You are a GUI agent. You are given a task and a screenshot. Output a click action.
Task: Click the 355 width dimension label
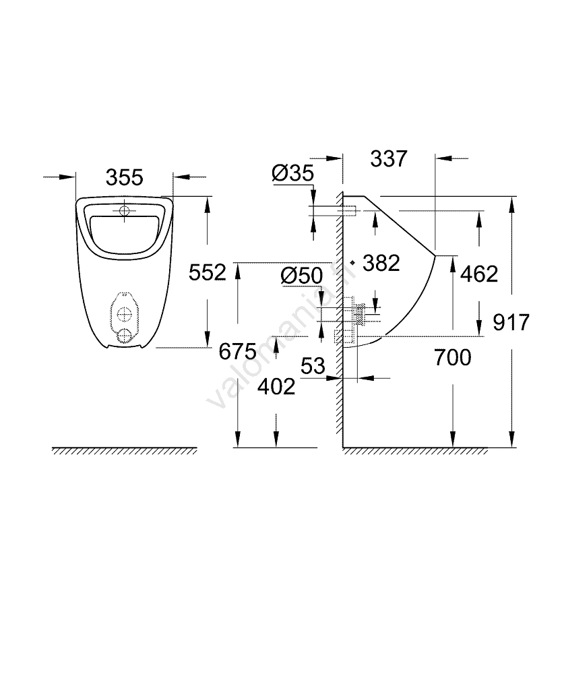point(124,177)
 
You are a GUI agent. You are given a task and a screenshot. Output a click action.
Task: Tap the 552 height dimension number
point(207,272)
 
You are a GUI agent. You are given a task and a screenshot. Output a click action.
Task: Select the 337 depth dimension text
point(389,158)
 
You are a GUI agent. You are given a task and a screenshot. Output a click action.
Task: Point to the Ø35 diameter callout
point(293,173)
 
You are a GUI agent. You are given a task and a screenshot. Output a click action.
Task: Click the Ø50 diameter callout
point(302,276)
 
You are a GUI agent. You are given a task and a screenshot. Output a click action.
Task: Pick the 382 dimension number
point(381,263)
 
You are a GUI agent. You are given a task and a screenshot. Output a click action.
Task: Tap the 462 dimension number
point(479,274)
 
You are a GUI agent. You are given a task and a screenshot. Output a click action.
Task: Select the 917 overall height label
point(511,322)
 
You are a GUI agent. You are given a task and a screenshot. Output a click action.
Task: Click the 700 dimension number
point(452,358)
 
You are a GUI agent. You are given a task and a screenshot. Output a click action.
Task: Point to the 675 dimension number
point(238,352)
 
